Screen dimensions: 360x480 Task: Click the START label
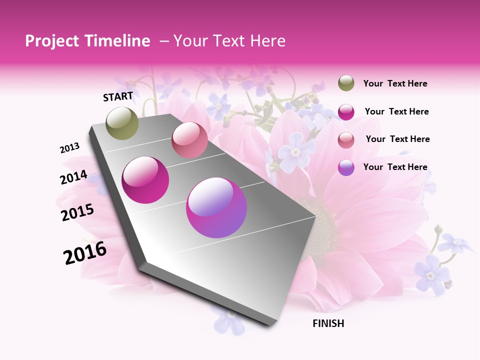[x=118, y=96]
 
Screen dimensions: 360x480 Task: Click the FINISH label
[x=328, y=323]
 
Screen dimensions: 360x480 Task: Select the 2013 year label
[x=70, y=147]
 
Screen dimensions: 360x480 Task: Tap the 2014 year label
[x=74, y=177]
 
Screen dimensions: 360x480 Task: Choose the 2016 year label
[x=85, y=253]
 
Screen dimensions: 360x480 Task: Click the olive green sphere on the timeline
[x=122, y=123]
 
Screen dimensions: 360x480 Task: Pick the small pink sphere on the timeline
[x=189, y=140]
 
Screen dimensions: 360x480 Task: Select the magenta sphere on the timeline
[x=145, y=180]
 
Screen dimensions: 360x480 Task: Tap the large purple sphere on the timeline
[x=216, y=207]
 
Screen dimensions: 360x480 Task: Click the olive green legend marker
[x=346, y=83]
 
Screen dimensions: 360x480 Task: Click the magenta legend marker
[x=346, y=112]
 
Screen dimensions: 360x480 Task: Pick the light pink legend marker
[x=346, y=139]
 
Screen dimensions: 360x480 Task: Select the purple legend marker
[x=346, y=167]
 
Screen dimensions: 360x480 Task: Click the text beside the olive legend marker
[x=395, y=84]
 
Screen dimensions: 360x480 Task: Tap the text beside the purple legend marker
[x=395, y=167]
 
